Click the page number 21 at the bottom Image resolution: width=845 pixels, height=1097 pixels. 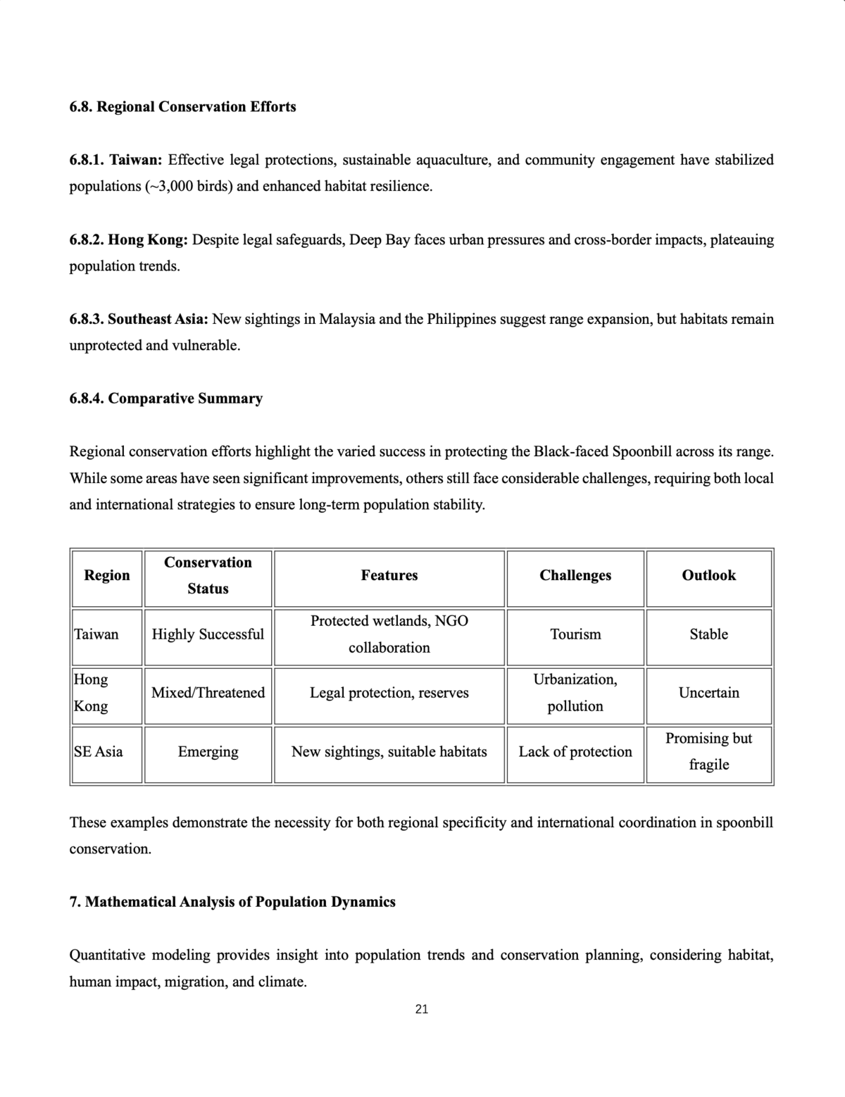422,1009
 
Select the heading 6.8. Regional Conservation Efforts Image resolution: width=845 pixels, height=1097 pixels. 182,107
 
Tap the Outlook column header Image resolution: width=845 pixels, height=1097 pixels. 708,575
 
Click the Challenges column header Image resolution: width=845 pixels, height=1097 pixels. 575,575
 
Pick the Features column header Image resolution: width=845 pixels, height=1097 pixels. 389,575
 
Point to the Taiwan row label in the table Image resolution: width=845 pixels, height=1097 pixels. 96,634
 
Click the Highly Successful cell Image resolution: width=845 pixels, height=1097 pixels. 208,634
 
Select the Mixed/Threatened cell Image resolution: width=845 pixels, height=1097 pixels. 208,693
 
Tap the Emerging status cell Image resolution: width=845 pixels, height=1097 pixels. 208,752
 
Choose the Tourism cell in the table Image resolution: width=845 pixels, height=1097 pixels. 575,634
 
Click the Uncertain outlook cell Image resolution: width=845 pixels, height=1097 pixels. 708,693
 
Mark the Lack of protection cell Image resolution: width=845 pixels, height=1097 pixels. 575,752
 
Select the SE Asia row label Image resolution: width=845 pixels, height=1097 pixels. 99,752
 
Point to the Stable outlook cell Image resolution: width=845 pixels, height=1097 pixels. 708,634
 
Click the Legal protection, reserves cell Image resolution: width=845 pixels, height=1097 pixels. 389,693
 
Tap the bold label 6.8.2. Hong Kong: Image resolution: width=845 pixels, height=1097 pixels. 128,240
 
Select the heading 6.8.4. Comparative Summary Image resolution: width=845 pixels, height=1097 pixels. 166,399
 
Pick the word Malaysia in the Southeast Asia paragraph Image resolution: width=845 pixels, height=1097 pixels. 346,320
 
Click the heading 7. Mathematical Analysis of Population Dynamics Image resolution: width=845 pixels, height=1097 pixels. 232,902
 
